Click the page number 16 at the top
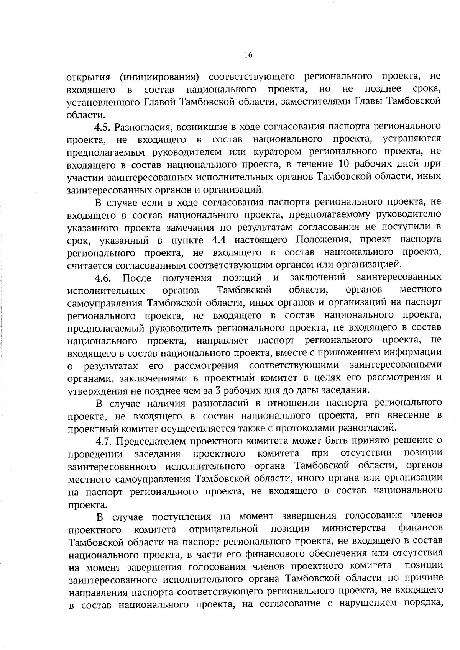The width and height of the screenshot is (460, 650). click(x=248, y=55)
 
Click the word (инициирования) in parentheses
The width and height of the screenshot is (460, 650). click(x=159, y=76)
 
